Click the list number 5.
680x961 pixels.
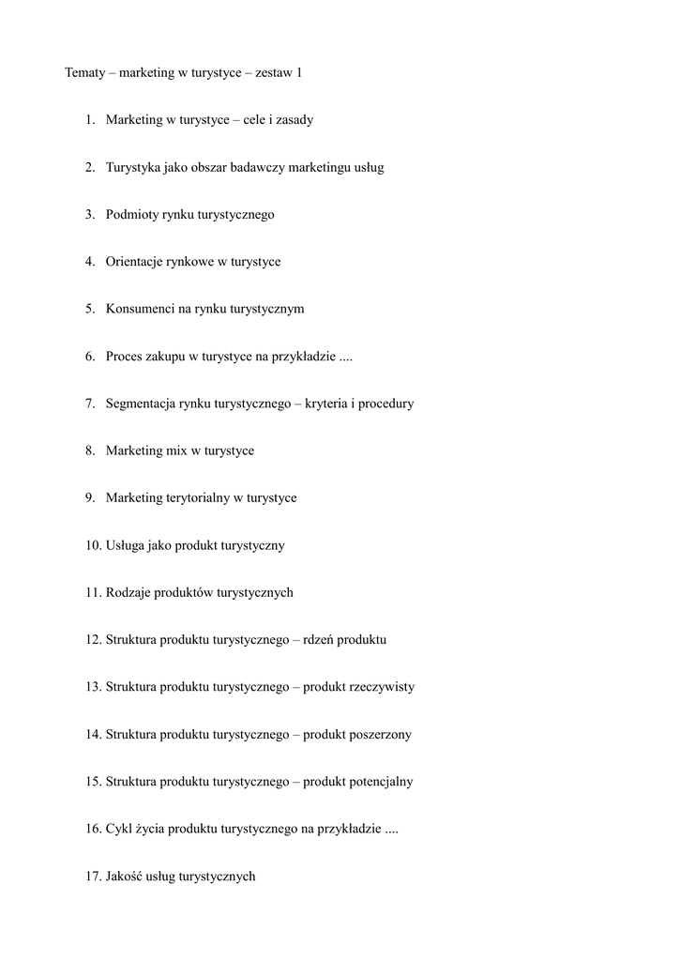[90, 309]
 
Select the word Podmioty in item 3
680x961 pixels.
[131, 215]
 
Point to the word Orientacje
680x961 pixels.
[137, 262]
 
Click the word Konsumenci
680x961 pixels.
[140, 309]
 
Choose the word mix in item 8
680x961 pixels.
[176, 450]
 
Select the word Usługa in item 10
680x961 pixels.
[125, 545]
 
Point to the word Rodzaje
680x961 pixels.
[128, 592]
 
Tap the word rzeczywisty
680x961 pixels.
[382, 687]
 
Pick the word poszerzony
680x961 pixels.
[380, 735]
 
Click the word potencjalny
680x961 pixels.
[381, 782]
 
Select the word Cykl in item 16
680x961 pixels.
[118, 829]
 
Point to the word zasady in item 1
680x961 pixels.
[292, 120]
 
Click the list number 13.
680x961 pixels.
[93, 687]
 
